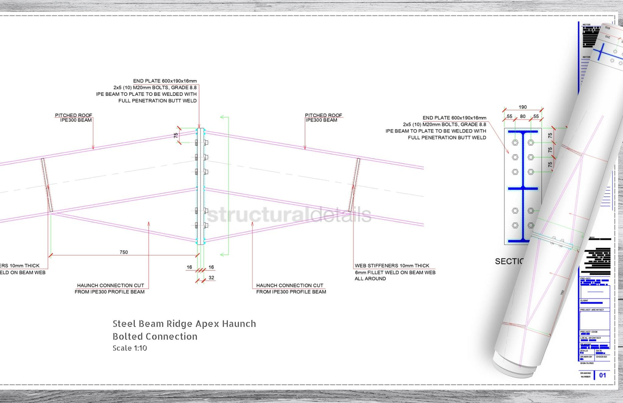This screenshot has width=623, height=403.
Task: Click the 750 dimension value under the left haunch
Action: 124,252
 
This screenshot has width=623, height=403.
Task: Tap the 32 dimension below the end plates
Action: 211,278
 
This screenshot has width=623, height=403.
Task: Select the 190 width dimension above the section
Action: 523,107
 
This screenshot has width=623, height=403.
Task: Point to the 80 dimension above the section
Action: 523,116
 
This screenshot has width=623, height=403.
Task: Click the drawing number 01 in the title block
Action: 603,375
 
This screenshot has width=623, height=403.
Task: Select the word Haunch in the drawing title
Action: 239,324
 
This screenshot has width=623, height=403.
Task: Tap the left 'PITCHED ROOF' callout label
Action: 73,115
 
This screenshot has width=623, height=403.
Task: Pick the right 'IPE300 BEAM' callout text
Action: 321,120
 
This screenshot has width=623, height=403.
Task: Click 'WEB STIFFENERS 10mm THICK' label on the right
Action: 392,266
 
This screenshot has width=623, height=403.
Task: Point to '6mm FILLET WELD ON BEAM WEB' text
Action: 395,272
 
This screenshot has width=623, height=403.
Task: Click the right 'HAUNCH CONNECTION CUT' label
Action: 290,285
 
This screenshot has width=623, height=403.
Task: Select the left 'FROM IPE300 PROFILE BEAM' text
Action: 109,292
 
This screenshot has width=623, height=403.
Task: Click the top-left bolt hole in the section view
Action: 515,143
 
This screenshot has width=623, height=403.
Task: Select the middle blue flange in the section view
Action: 523,188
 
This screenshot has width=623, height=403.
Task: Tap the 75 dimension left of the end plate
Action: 176,135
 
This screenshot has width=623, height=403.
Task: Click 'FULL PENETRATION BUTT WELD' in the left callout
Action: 157,101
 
